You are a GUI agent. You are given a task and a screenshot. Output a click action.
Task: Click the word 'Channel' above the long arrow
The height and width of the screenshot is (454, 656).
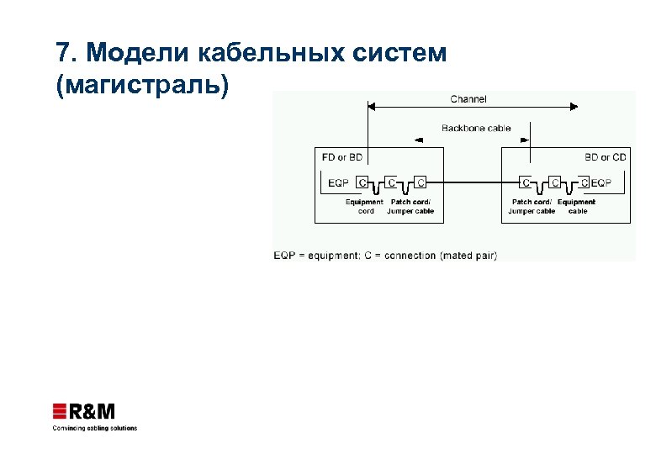click(x=468, y=99)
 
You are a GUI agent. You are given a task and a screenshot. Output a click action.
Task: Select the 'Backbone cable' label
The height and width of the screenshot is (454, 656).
click(x=476, y=129)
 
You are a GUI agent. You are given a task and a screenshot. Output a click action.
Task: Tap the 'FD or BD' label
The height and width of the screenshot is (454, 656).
click(x=341, y=157)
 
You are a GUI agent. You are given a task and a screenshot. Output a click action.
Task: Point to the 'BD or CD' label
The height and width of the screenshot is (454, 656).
click(x=606, y=157)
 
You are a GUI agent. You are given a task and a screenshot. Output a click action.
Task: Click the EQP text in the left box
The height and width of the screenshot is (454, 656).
click(x=338, y=182)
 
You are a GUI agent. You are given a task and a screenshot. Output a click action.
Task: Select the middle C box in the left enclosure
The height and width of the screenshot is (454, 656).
click(x=391, y=182)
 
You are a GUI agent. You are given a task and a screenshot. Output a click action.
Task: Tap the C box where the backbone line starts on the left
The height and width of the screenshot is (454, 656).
click(x=420, y=182)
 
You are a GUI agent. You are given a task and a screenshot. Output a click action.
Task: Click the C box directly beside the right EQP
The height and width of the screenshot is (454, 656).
click(x=583, y=182)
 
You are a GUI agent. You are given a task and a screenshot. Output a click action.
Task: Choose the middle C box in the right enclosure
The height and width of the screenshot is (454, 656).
click(x=554, y=182)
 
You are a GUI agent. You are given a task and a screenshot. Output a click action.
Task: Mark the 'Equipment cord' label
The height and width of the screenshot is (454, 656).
click(x=365, y=207)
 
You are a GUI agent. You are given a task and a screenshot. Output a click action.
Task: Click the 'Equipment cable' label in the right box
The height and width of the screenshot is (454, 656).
click(x=577, y=207)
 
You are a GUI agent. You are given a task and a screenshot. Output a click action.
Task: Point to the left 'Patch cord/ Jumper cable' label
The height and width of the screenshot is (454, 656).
click(x=411, y=207)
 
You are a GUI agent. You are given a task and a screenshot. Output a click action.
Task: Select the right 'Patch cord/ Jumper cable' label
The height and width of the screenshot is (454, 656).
click(x=532, y=207)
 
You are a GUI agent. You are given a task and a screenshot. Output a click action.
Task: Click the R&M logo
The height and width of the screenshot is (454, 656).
click(x=84, y=412)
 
